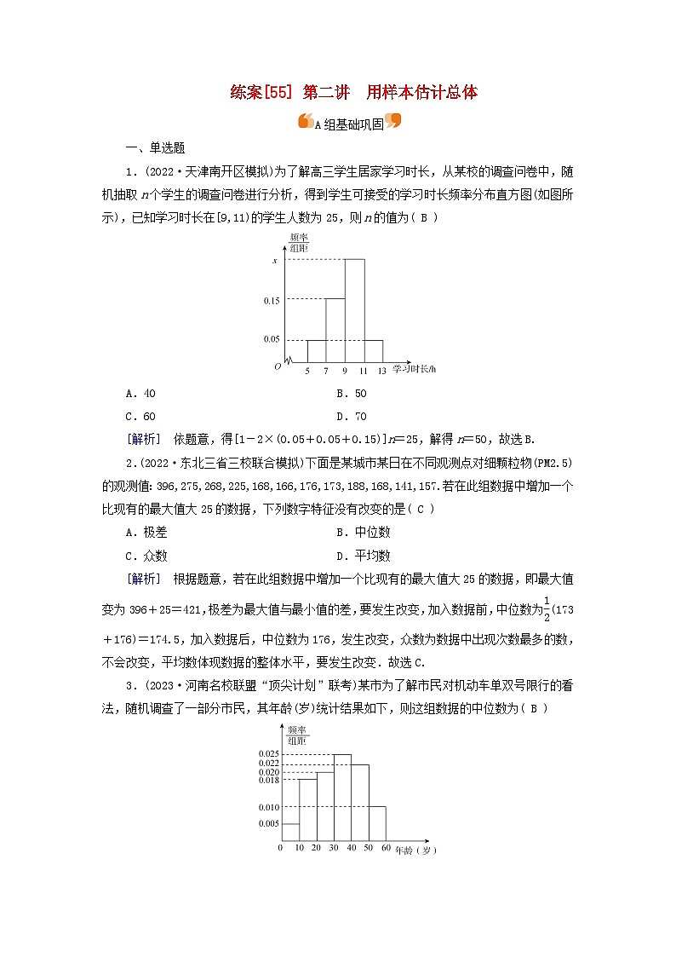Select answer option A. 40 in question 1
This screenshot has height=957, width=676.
pyautogui.click(x=140, y=394)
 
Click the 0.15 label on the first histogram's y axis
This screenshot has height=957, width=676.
pyautogui.click(x=271, y=300)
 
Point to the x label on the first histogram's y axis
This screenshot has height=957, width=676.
pyautogui.click(x=274, y=260)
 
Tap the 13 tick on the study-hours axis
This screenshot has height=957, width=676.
pyautogui.click(x=382, y=371)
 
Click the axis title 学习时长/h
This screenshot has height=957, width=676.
pyautogui.click(x=415, y=369)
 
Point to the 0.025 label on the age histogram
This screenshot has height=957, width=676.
pyautogui.click(x=268, y=754)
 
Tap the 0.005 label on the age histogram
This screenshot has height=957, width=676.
pyautogui.click(x=268, y=823)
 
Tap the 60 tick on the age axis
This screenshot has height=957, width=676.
pyautogui.click(x=386, y=849)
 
